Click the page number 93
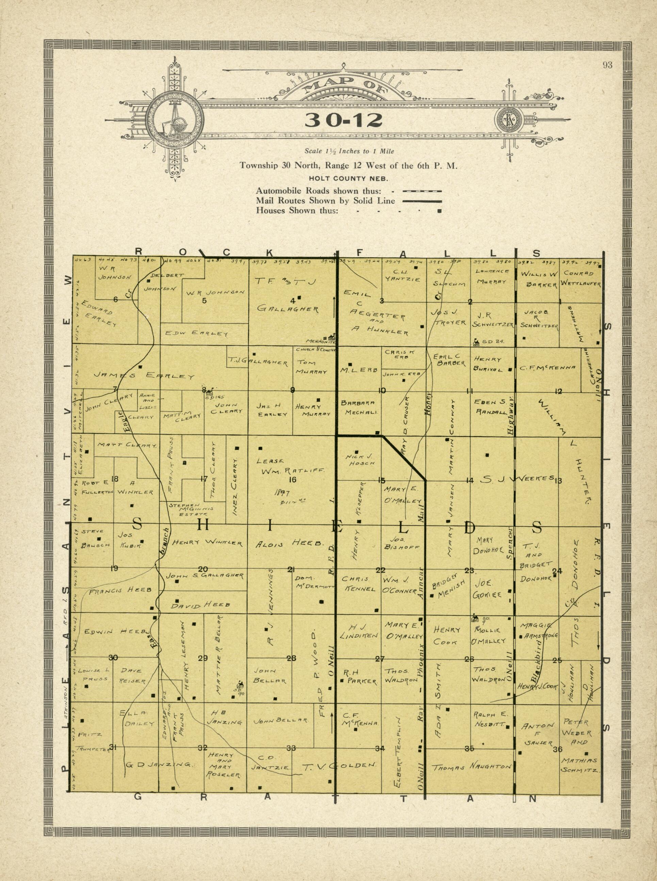point(607,66)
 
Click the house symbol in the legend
point(440,211)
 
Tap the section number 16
point(292,480)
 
